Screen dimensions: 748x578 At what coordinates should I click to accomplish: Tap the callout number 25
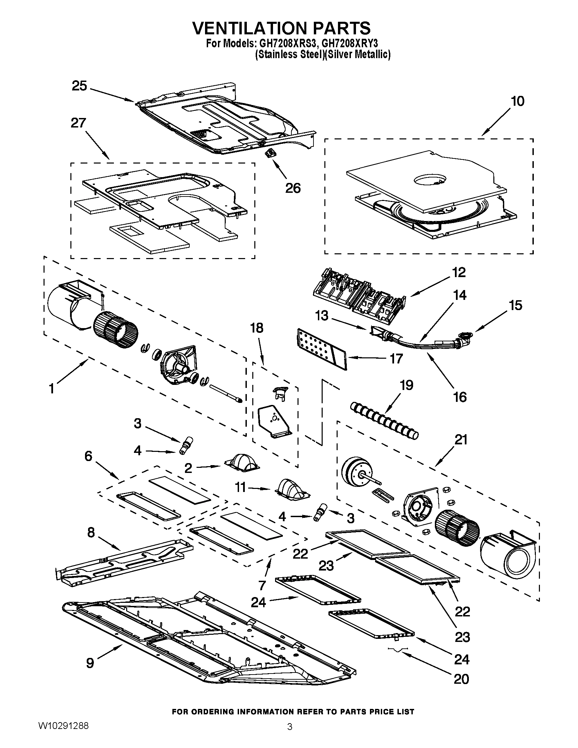[x=79, y=86]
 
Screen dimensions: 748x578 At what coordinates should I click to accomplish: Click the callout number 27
[x=78, y=123]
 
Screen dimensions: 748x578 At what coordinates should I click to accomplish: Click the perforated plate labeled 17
[x=321, y=349]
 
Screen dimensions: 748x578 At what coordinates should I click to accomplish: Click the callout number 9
[x=90, y=663]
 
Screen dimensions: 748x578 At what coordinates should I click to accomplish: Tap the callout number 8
[x=90, y=532]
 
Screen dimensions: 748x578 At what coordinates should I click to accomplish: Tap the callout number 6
[x=88, y=456]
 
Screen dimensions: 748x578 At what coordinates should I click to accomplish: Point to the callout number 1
[x=51, y=389]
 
